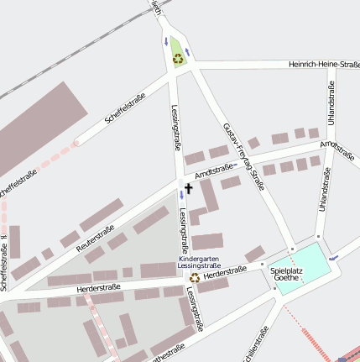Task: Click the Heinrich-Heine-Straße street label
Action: (x=323, y=65)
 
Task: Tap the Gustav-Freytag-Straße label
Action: (x=244, y=155)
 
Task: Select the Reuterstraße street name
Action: (x=95, y=239)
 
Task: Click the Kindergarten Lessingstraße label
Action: (x=199, y=261)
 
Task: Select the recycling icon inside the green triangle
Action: (x=177, y=58)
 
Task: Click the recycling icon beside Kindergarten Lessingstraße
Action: (x=194, y=277)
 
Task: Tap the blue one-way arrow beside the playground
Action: (x=334, y=256)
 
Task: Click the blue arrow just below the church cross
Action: (x=181, y=196)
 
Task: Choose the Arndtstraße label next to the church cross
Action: (x=213, y=171)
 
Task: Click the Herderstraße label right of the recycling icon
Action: (x=225, y=271)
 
